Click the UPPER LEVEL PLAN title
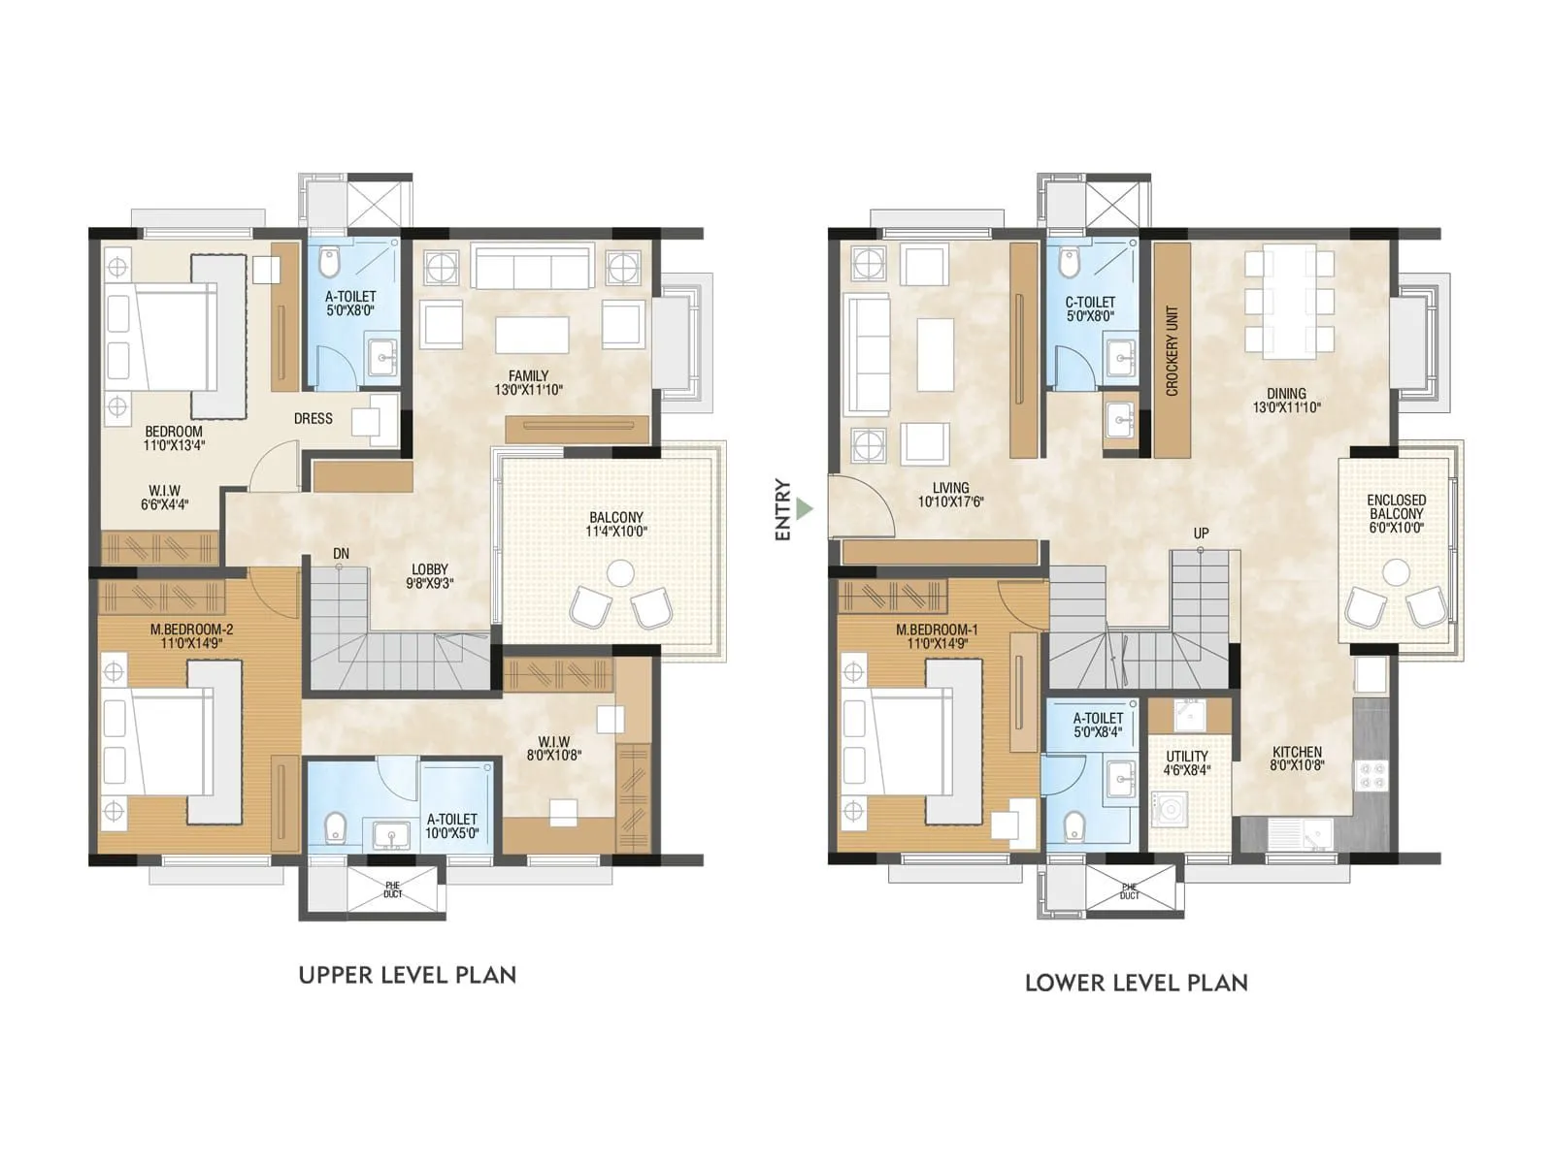(x=407, y=975)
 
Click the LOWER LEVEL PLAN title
(x=1136, y=983)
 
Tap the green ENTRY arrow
(x=803, y=507)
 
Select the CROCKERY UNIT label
(x=1172, y=351)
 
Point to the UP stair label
(x=1201, y=533)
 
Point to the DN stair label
(x=341, y=554)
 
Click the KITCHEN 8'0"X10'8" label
(x=1297, y=758)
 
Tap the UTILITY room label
(x=1186, y=762)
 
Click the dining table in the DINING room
(x=1289, y=302)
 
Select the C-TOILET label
(x=1089, y=308)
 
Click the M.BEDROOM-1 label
(x=937, y=636)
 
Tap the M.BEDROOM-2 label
(x=191, y=635)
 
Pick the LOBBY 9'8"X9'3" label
(x=429, y=576)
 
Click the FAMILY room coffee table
(x=531, y=335)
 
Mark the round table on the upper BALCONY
(x=619, y=573)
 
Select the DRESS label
(x=313, y=419)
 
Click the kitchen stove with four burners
(x=1371, y=773)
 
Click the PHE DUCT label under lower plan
(x=1129, y=890)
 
